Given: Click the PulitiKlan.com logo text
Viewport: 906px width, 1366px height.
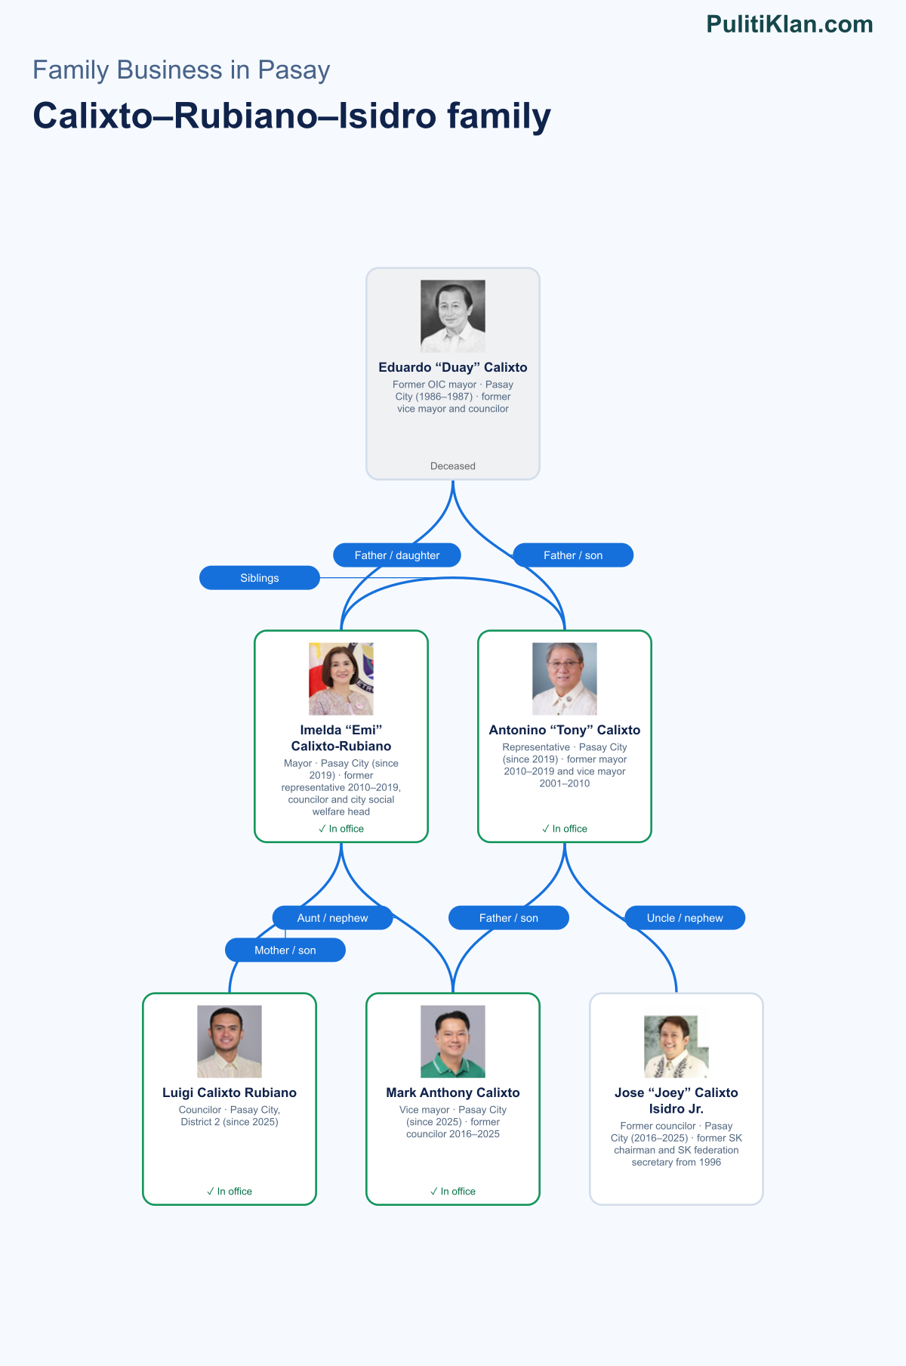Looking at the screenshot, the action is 790,24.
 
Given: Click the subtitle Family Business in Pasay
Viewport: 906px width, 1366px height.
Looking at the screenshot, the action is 181,70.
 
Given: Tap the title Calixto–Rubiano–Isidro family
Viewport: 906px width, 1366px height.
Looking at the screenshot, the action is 292,116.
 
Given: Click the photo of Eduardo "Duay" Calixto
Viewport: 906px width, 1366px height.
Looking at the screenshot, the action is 453,317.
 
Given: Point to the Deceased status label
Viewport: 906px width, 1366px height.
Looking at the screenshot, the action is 453,466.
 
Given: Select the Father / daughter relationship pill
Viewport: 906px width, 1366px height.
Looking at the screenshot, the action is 397,555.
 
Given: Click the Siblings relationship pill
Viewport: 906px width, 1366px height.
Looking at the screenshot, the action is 260,578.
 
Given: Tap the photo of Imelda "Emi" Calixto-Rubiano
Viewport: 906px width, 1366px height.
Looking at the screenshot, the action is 341,679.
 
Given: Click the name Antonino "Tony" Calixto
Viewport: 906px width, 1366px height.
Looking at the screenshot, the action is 565,730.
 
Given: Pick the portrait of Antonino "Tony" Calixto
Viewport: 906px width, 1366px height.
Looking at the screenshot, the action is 565,679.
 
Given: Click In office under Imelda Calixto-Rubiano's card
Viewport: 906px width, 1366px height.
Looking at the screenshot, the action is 341,829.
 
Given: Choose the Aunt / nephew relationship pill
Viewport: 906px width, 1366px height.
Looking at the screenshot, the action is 332,918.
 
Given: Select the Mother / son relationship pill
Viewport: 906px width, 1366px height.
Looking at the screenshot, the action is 285,950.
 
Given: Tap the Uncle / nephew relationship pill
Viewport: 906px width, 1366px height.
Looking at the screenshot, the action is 685,918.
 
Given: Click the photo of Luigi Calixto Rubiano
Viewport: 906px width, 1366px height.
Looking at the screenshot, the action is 230,1042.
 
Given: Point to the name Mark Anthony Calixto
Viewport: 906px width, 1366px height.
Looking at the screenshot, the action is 453,1092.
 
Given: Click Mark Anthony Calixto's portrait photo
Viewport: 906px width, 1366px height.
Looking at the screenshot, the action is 453,1042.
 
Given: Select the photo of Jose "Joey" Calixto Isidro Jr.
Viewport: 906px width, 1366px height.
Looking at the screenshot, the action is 676,1046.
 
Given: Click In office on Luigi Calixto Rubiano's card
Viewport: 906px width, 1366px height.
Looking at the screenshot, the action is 230,1191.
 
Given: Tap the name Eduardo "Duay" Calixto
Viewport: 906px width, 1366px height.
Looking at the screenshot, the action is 453,367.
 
